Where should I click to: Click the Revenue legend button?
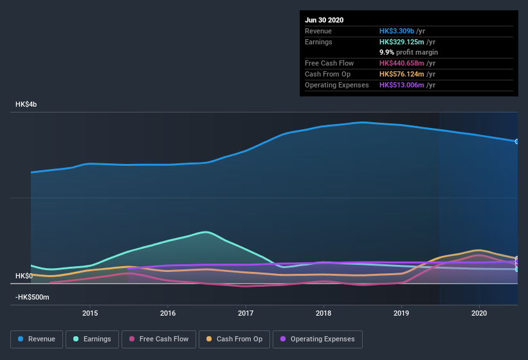coord(37,339)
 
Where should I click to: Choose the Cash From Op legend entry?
coord(234,339)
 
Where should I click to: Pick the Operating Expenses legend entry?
coord(317,339)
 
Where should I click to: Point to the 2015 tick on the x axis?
coord(90,313)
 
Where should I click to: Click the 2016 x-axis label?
coord(168,313)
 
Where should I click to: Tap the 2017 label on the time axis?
coord(246,313)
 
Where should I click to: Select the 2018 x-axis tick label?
coord(323,313)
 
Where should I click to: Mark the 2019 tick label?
coord(401,313)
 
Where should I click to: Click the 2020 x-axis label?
coord(479,313)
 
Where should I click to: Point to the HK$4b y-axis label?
coord(26,104)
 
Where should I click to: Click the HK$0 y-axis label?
coord(23,276)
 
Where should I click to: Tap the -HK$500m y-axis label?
coord(32,298)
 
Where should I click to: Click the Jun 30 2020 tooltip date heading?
coord(324,20)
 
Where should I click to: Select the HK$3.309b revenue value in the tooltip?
coord(396,31)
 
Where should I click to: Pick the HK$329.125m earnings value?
coord(403,42)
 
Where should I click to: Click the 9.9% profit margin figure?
coord(387,52)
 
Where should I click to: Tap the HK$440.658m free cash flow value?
coord(403,63)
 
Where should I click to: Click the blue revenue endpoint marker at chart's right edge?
coord(516,141)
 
